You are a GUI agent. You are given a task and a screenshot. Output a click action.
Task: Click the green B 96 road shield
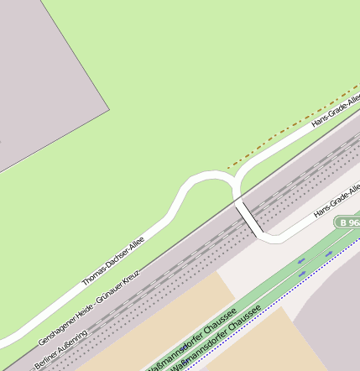point(347,222)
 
